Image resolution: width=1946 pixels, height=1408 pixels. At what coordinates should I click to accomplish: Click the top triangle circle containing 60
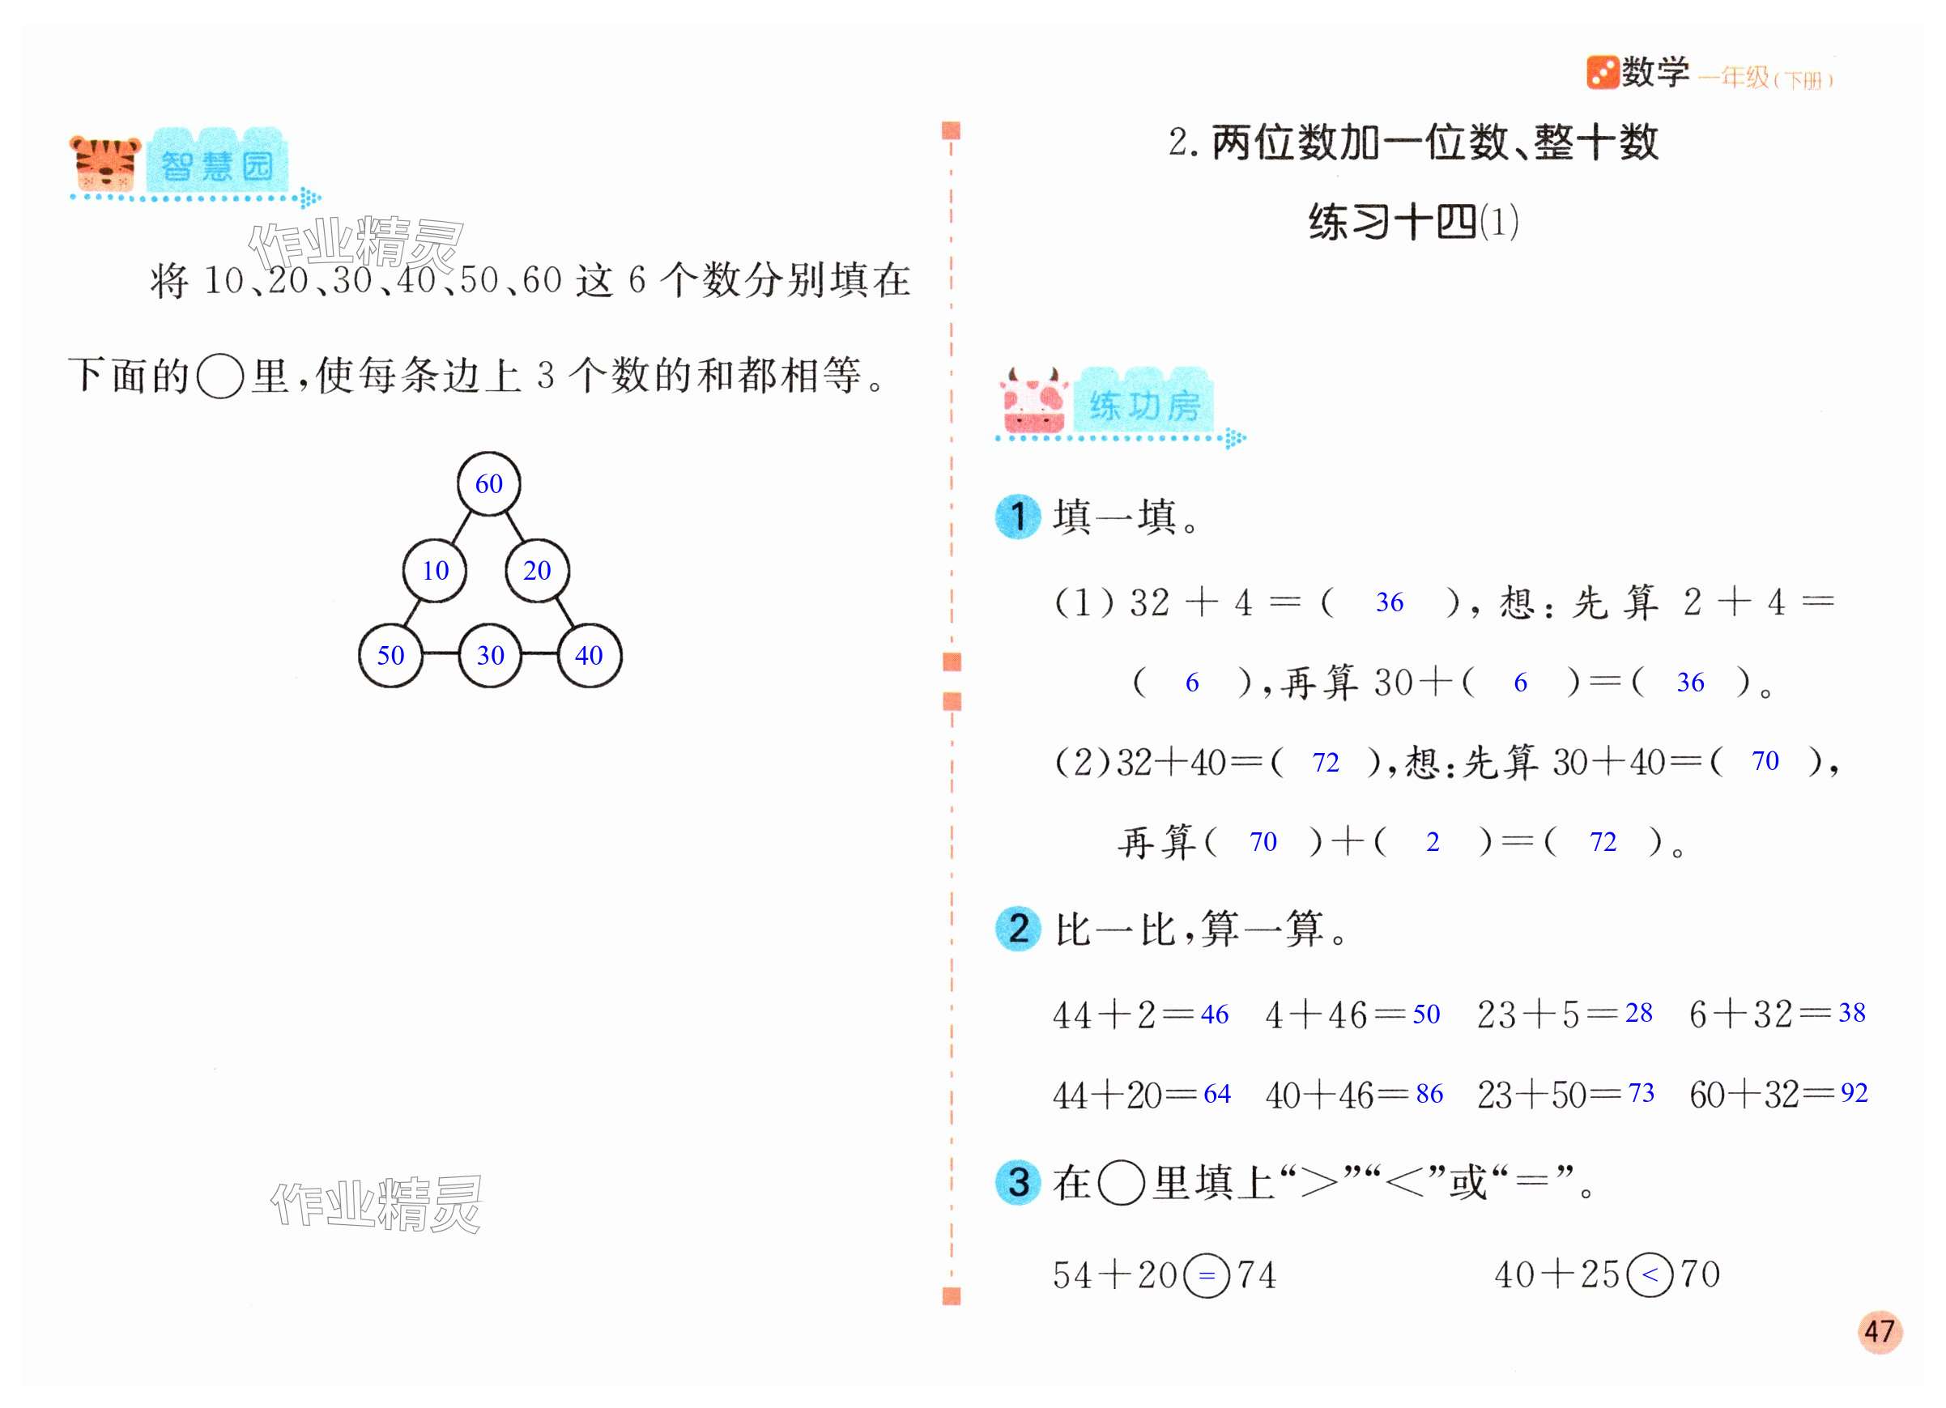point(488,484)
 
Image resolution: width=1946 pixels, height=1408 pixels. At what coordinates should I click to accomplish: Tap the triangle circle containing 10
point(435,571)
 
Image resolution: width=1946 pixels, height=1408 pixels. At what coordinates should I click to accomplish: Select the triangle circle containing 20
point(537,571)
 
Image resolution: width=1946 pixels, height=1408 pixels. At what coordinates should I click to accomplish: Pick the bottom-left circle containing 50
point(390,656)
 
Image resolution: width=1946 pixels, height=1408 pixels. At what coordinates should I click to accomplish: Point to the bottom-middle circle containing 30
point(490,656)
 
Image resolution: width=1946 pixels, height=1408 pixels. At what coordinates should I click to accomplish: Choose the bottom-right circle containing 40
point(590,656)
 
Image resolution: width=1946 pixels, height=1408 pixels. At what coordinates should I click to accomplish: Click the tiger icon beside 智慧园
point(104,163)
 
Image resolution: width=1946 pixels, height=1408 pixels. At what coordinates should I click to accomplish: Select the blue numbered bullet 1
point(1018,517)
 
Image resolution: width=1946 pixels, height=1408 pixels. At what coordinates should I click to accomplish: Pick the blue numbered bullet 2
point(1018,929)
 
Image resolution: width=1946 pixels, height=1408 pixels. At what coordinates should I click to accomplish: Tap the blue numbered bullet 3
point(1018,1182)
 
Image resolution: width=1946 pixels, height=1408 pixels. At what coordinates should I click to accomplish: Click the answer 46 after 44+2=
point(1214,1015)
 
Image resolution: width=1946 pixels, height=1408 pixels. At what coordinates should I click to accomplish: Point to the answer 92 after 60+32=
point(1854,1092)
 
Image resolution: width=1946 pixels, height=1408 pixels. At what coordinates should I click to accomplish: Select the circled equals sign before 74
point(1207,1275)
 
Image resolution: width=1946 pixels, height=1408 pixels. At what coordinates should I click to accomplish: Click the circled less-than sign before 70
point(1649,1274)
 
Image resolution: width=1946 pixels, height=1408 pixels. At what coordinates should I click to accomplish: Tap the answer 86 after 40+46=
point(1429,1093)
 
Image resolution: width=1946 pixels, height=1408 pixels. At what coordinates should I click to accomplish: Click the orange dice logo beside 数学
point(1601,73)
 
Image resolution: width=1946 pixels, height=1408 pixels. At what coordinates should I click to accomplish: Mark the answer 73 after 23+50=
point(1641,1092)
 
